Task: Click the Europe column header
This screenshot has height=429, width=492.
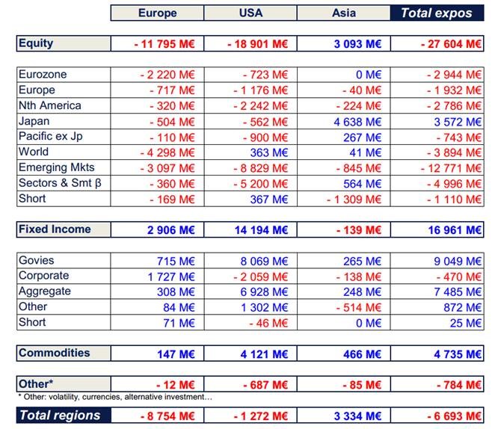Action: pyautogui.click(x=157, y=13)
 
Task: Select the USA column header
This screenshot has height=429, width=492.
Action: pyautogui.click(x=250, y=13)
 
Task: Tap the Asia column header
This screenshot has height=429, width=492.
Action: pyautogui.click(x=343, y=13)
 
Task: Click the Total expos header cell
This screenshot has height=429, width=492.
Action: pyautogui.click(x=437, y=13)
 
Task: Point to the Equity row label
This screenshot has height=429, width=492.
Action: pyautogui.click(x=36, y=43)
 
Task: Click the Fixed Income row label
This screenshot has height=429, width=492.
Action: pyautogui.click(x=55, y=229)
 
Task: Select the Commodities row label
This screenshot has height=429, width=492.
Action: pyautogui.click(x=54, y=353)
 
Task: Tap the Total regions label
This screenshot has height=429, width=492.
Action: pyautogui.click(x=60, y=415)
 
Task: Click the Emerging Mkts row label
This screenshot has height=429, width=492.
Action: pyautogui.click(x=57, y=167)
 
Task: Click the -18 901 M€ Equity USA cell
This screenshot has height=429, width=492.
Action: pyautogui.click(x=258, y=44)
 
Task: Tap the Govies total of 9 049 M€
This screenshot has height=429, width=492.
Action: pyautogui.click(x=456, y=262)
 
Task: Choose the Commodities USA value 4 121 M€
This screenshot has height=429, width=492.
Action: pyautogui.click(x=262, y=354)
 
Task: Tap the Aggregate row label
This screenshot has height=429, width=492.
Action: pyautogui.click(x=45, y=291)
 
